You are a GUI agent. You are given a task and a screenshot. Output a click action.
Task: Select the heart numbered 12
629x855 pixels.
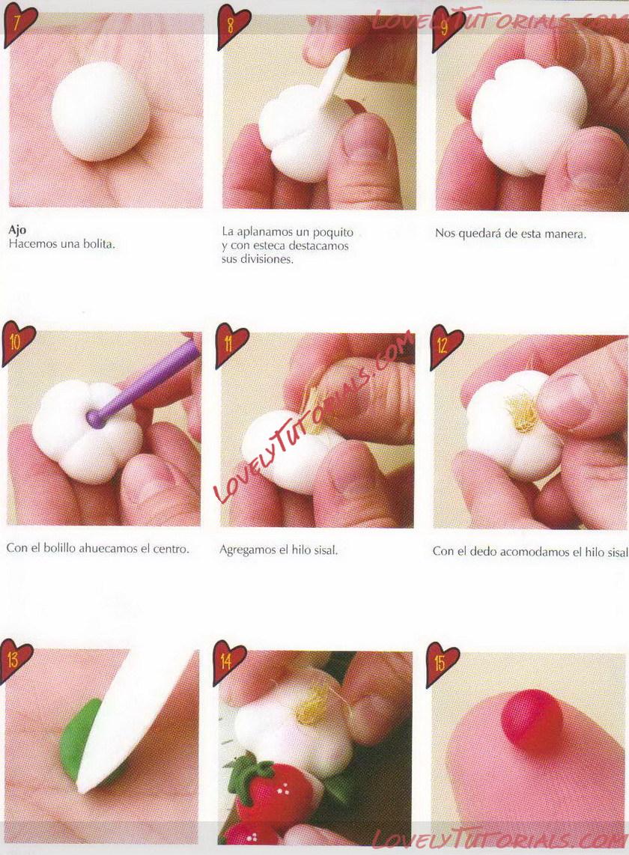[445, 344]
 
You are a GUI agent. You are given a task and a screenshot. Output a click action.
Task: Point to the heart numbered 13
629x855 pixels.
[16, 660]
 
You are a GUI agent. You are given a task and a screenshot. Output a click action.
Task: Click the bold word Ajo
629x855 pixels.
[17, 230]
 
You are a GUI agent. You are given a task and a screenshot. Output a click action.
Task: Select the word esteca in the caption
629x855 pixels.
[264, 246]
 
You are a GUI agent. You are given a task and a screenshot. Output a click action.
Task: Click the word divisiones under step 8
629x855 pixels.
[265, 260]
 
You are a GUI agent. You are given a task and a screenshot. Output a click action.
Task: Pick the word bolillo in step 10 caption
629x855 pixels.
[59, 549]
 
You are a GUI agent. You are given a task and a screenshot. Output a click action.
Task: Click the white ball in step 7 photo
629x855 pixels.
[100, 112]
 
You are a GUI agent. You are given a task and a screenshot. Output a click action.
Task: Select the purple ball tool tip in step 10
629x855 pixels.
[94, 419]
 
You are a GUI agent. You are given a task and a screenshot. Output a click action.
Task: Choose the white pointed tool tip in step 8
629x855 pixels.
[347, 51]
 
